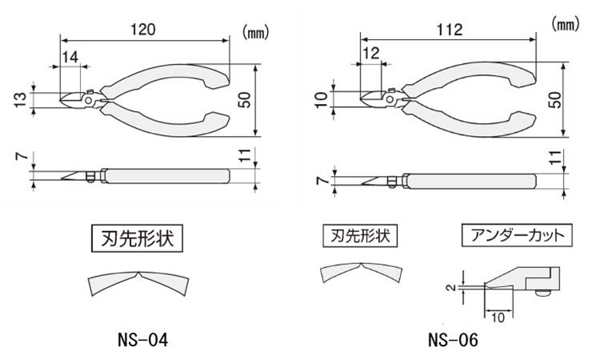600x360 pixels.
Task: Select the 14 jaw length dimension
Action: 70,56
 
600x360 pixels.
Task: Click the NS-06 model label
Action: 453,339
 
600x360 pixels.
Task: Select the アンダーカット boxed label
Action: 515,236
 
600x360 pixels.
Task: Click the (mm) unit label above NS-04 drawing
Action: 254,34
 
